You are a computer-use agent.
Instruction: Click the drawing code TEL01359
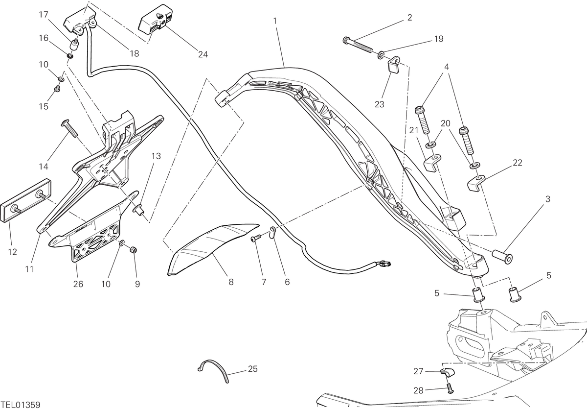pyautogui.click(x=21, y=405)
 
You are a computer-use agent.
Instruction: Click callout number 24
pyautogui.click(x=203, y=54)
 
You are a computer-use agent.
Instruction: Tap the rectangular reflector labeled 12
pyautogui.click(x=25, y=201)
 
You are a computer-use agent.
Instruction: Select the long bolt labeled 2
pyautogui.click(x=358, y=45)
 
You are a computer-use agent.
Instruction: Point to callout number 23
pyautogui.click(x=379, y=104)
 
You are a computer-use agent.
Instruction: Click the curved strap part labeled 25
pyautogui.click(x=213, y=371)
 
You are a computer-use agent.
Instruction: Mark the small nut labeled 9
pyautogui.click(x=134, y=250)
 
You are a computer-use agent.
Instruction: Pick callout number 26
pyautogui.click(x=78, y=284)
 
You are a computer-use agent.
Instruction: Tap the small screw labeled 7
pyautogui.click(x=256, y=239)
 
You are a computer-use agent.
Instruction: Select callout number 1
pyautogui.click(x=275, y=21)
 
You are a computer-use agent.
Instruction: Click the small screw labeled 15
pyautogui.click(x=57, y=89)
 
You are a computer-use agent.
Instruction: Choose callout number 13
pyautogui.click(x=156, y=156)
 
